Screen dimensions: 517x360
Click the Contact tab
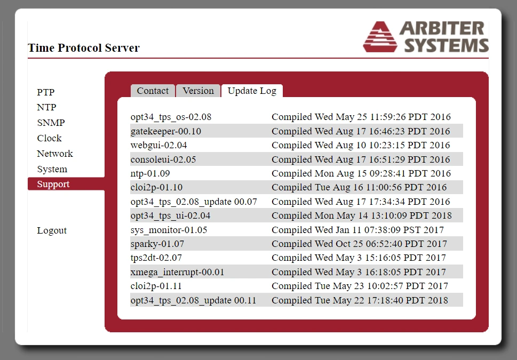pyautogui.click(x=153, y=91)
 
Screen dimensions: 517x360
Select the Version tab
pyautogui.click(x=198, y=91)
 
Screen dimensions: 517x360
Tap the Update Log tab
pyautogui.click(x=252, y=91)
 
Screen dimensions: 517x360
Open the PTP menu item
pyautogui.click(x=45, y=92)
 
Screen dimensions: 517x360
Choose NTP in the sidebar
pyautogui.click(x=46, y=107)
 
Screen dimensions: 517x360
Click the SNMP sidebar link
pyautogui.click(x=51, y=123)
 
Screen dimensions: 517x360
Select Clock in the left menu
pyautogui.click(x=49, y=138)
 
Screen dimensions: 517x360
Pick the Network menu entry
pyautogui.click(x=55, y=154)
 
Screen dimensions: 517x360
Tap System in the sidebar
pyautogui.click(x=52, y=169)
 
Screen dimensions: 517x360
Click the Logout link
pyautogui.click(x=52, y=230)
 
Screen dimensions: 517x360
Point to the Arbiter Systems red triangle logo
pyautogui.click(x=380, y=37)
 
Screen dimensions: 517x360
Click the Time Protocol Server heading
pyautogui.click(x=84, y=48)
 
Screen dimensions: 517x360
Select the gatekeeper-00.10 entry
pyautogui.click(x=166, y=131)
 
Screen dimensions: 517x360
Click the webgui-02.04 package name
pyautogui.click(x=158, y=146)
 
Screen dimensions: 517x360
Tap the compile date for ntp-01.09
pyautogui.click(x=361, y=173)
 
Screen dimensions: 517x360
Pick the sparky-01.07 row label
pyautogui.click(x=157, y=244)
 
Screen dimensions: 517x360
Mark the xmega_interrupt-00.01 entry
pyautogui.click(x=177, y=273)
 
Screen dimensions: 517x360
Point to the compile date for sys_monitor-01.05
pyautogui.click(x=358, y=230)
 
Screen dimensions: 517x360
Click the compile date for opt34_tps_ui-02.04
pyautogui.click(x=362, y=215)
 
